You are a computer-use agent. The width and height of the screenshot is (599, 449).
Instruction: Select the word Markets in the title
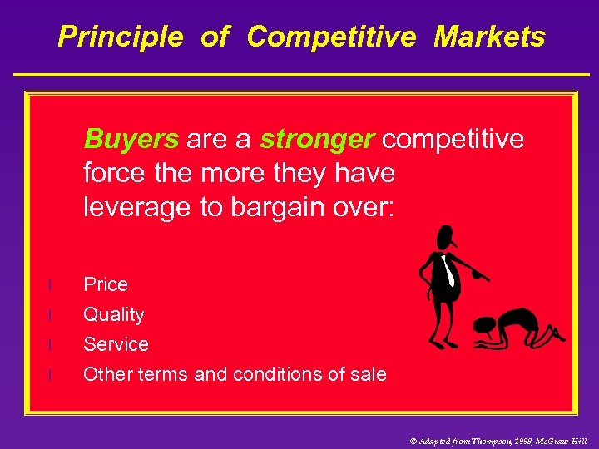tap(489, 37)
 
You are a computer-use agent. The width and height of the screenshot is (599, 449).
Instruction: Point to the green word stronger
tap(316, 139)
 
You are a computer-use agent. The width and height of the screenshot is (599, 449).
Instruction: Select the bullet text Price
tap(106, 284)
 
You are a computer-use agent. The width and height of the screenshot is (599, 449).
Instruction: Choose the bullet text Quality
tap(114, 314)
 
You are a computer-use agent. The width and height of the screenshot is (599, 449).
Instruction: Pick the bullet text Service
tap(116, 344)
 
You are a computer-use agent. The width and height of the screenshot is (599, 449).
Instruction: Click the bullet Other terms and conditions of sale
tap(235, 374)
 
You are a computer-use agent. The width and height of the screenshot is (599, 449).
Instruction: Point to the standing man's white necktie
tap(448, 271)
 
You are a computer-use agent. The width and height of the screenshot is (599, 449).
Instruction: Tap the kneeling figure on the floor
tap(516, 328)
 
